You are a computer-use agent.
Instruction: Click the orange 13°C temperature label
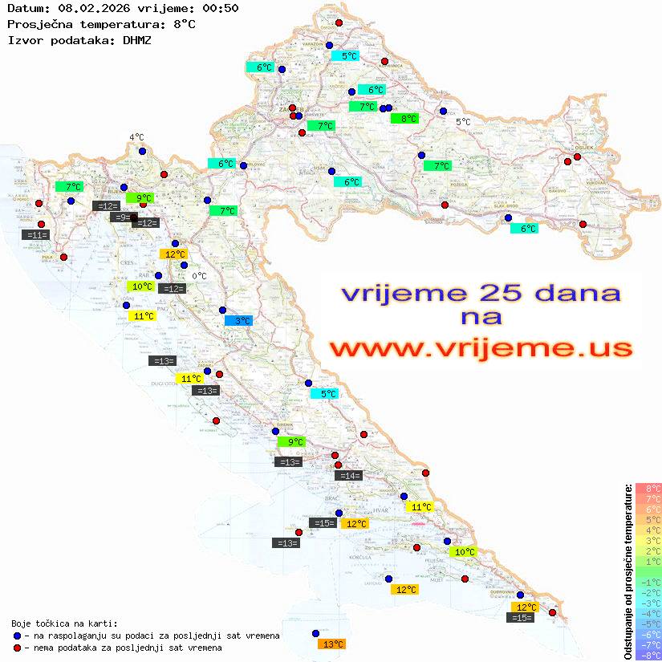(331, 644)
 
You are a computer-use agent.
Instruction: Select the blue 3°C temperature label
(238, 320)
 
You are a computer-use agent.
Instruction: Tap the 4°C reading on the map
(136, 137)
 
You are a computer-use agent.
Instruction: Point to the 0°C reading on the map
(199, 276)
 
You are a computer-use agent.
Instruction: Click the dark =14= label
(349, 476)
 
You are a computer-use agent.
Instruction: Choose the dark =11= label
(37, 235)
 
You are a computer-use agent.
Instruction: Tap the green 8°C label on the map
(404, 119)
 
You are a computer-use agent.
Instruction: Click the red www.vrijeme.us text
(481, 348)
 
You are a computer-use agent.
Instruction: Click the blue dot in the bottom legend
(17, 636)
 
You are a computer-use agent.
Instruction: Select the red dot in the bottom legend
(17, 648)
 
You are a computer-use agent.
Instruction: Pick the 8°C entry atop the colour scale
(648, 488)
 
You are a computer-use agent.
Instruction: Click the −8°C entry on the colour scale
(648, 655)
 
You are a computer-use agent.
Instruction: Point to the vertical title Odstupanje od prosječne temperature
(627, 571)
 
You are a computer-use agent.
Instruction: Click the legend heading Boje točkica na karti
(64, 623)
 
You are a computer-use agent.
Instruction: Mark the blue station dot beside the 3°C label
(223, 310)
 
